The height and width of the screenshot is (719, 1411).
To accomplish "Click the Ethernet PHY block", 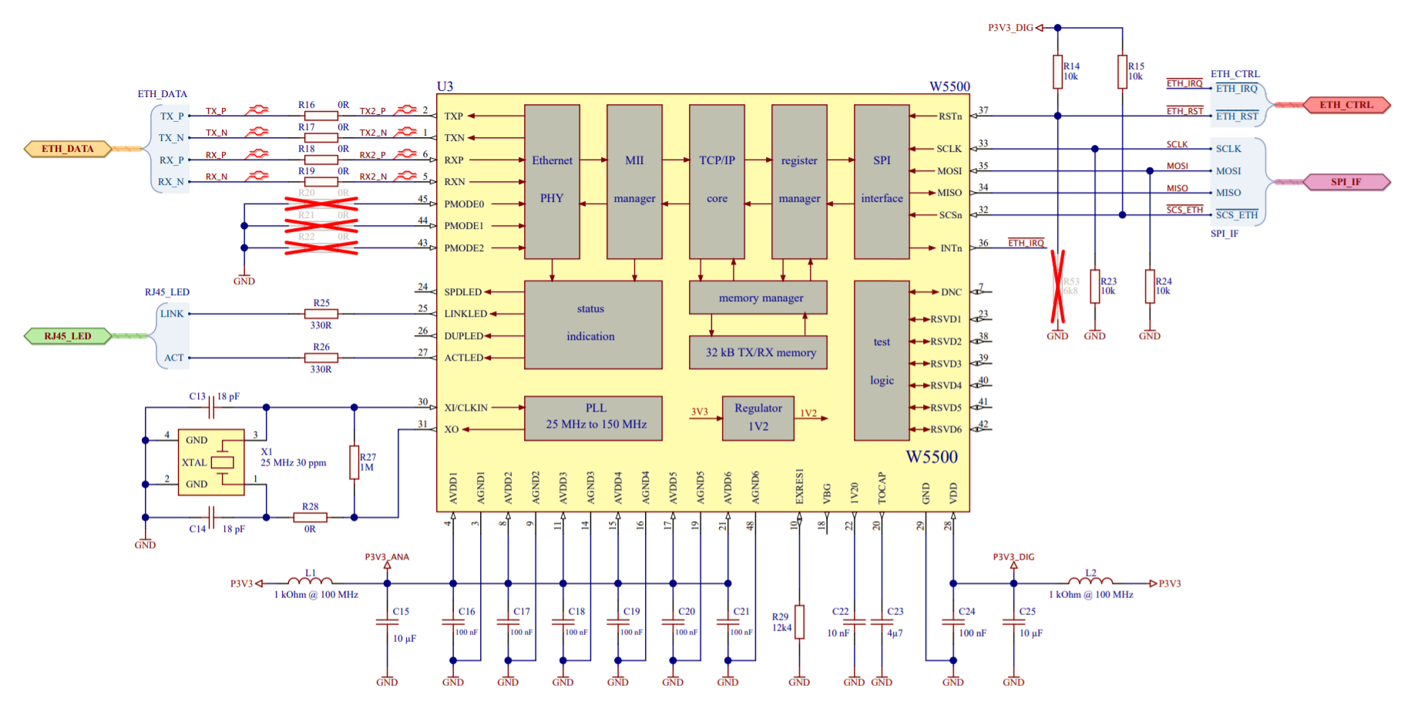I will [552, 181].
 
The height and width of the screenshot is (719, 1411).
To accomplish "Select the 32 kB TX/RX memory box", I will [760, 352].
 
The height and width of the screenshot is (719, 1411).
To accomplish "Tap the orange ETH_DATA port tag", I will [68, 149].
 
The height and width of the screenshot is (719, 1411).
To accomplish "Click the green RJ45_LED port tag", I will [68, 336].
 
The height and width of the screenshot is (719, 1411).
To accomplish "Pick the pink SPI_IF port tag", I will [1345, 182].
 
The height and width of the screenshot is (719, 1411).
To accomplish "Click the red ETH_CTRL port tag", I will [1345, 105].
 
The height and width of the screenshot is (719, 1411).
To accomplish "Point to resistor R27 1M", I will [354, 462].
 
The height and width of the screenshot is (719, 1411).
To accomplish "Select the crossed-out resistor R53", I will [1058, 286].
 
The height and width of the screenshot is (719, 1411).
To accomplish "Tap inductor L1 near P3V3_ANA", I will [310, 582].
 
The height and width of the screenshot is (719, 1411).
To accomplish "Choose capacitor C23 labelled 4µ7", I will [882, 621].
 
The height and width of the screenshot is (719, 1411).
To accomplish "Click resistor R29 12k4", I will [799, 621].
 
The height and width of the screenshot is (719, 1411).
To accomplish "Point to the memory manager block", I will [760, 297].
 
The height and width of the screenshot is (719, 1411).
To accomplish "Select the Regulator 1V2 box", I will [758, 418].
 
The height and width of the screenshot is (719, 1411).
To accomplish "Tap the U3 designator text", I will [445, 86].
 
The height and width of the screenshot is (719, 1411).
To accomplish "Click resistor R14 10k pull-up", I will [1058, 72].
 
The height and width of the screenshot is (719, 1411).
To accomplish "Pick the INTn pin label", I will [951, 248].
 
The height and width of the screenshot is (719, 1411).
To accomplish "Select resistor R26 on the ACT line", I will [321, 358].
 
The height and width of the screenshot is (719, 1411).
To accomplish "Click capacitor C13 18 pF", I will [210, 407].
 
